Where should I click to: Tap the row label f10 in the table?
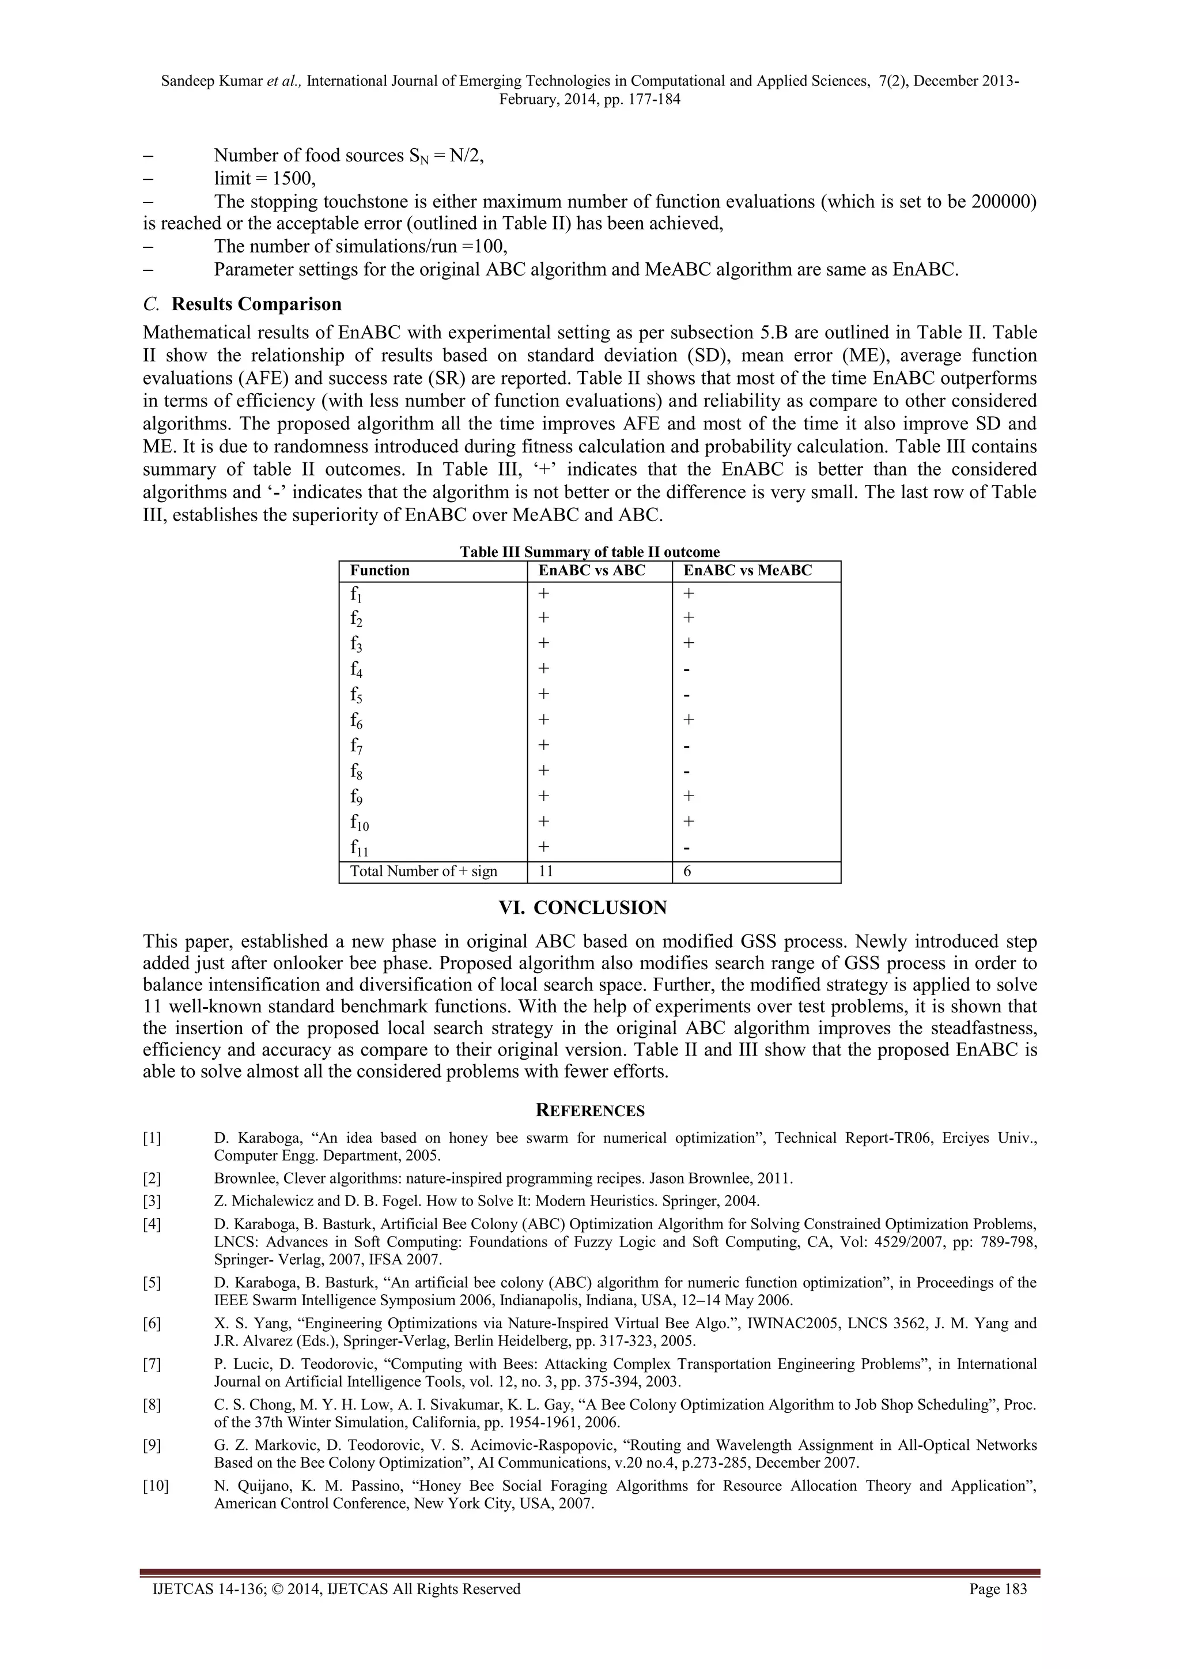click(360, 823)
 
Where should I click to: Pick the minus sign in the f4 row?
click(687, 669)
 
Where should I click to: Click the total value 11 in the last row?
click(546, 871)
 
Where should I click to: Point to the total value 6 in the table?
click(687, 871)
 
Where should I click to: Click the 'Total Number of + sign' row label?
click(423, 871)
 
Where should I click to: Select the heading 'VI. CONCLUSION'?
click(589, 908)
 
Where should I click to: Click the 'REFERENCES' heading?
click(589, 1111)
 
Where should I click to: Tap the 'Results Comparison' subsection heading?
click(256, 304)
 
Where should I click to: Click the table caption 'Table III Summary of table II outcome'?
click(589, 552)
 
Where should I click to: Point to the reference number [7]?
click(152, 1363)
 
